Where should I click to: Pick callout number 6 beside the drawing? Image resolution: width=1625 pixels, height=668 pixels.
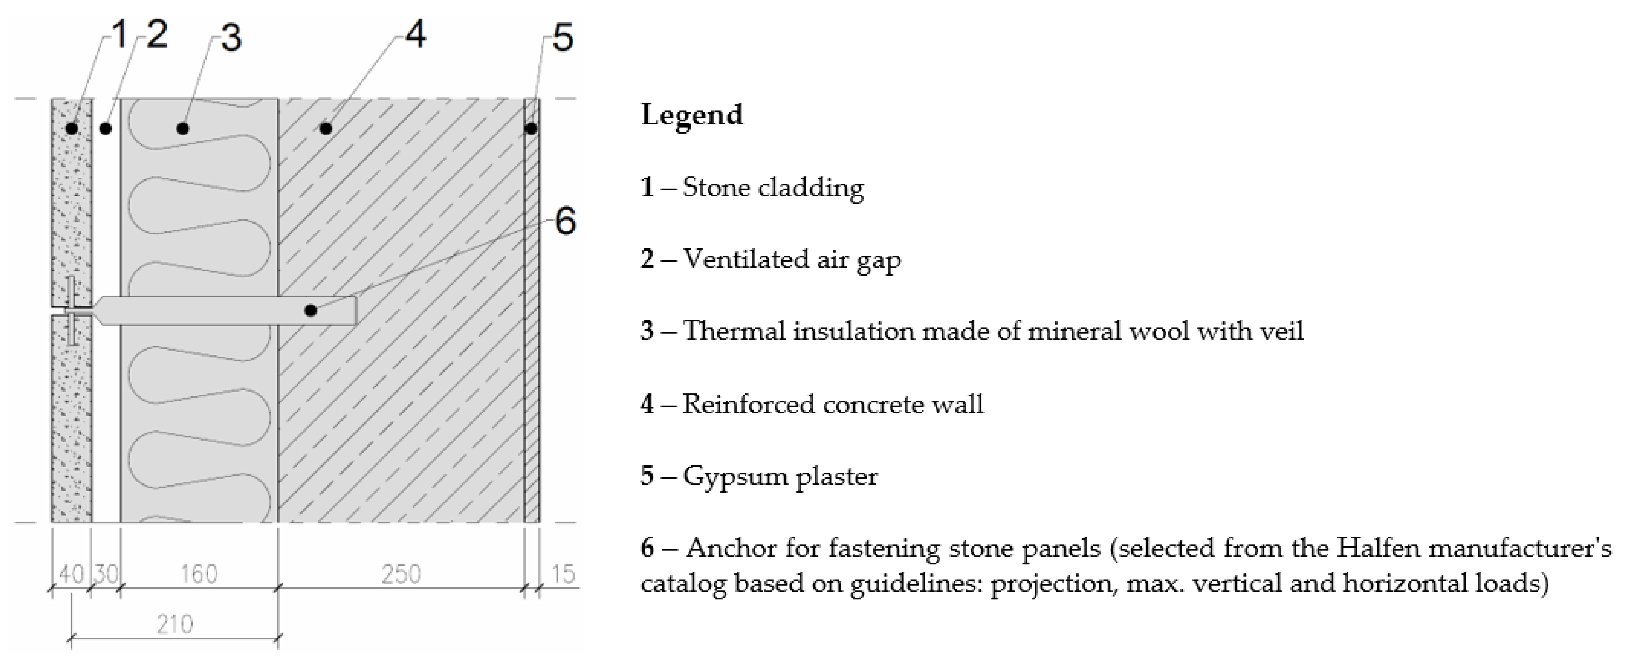pos(565,222)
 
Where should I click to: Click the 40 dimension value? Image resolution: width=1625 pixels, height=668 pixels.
pos(71,574)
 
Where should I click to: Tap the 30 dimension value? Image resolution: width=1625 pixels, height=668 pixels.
pos(106,574)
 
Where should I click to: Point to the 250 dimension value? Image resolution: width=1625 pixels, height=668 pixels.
pos(401,574)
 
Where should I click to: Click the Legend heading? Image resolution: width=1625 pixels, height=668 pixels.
pos(692,115)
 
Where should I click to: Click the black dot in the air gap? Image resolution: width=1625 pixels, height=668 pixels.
pos(106,129)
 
